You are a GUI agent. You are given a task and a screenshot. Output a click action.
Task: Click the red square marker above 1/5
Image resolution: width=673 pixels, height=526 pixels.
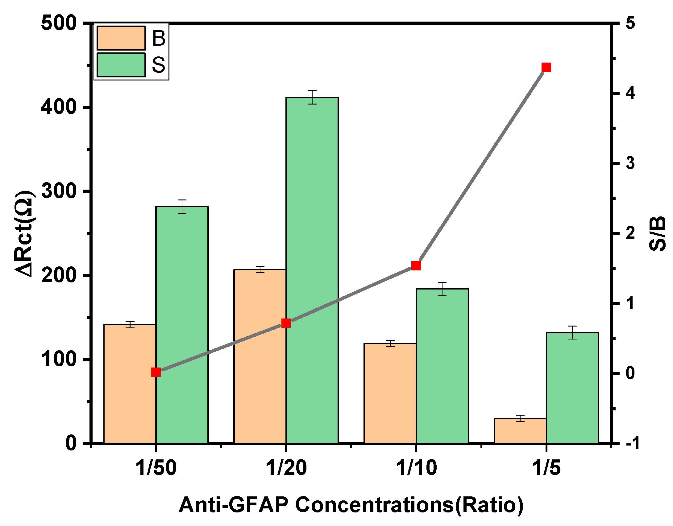546,67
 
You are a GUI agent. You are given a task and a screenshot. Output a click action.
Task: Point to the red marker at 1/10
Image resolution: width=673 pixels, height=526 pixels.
416,265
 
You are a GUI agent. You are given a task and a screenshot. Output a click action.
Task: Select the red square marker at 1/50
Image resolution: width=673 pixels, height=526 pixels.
156,372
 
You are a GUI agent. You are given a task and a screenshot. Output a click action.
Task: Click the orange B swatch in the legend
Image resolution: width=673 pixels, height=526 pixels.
121,38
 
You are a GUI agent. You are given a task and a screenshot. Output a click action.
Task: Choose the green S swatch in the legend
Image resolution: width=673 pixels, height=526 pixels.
121,65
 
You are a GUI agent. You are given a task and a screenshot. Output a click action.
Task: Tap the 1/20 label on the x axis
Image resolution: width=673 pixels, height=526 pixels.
286,468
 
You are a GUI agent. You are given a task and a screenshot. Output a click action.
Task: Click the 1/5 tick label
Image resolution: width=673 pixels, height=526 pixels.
546,468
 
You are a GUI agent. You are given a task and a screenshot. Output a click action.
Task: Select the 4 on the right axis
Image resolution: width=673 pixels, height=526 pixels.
630,93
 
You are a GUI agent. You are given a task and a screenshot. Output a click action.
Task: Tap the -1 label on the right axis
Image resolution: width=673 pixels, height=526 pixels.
630,443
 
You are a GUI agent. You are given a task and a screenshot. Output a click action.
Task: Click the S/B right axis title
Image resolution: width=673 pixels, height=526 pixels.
657,233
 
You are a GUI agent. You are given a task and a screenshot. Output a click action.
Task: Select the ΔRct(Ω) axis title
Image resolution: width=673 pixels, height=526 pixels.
25,233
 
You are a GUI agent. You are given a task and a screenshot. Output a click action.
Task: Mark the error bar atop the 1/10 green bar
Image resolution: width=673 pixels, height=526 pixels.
442,289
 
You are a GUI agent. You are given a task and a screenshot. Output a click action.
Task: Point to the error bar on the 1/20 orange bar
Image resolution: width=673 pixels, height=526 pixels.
260,269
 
